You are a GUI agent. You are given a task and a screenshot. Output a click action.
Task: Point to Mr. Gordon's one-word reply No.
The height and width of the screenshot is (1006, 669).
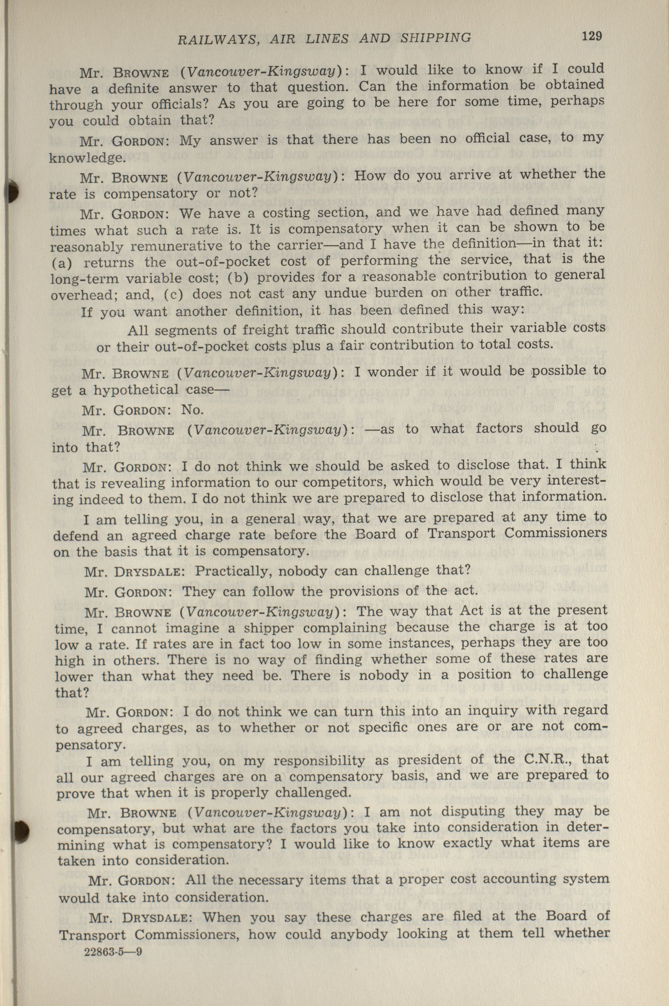192,410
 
